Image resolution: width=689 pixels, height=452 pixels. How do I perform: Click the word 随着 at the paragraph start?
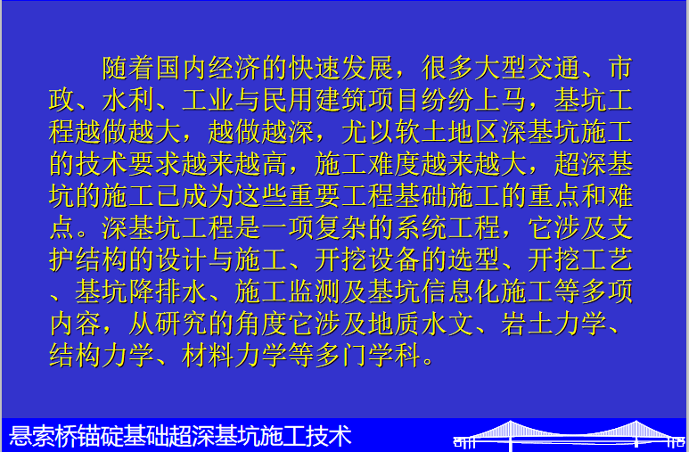[x=128, y=68]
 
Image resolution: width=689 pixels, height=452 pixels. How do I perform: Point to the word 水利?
[x=128, y=100]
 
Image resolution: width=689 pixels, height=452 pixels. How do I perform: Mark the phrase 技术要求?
[x=128, y=164]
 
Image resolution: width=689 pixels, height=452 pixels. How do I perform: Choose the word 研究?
[x=182, y=324]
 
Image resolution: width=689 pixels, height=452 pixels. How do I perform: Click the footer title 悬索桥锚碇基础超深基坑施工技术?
[x=180, y=436]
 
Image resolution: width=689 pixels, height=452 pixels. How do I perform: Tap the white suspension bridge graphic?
[x=569, y=436]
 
